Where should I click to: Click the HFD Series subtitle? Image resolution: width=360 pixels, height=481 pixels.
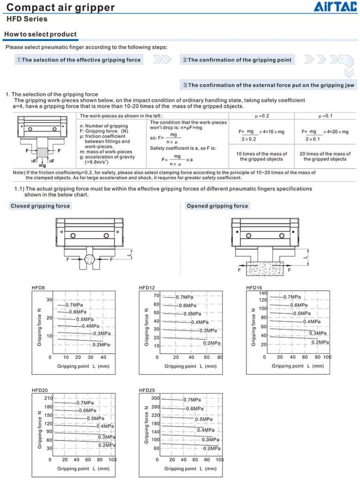coord(27,19)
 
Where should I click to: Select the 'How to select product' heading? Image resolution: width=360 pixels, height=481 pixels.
coord(40,34)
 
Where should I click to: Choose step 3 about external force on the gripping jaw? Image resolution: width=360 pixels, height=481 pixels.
coord(268,85)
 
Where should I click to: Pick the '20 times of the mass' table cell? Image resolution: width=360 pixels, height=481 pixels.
coord(325,156)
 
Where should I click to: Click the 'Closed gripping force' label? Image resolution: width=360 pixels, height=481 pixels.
coord(40,206)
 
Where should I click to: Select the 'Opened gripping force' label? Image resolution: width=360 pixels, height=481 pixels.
coord(217,206)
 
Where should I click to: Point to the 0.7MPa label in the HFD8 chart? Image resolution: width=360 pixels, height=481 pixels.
coord(74,305)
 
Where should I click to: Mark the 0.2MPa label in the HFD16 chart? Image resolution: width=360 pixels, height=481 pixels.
coord(320,342)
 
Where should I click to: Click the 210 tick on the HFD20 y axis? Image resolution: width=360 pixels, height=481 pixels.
coord(48,398)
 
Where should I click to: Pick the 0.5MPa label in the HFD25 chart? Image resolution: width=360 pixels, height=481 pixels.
coord(203,419)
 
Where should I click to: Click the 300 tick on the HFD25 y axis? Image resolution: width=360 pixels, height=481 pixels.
coord(155,398)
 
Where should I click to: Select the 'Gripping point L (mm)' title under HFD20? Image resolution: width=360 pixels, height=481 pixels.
coord(84,468)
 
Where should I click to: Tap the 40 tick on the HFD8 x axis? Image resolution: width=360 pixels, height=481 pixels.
coord(104,357)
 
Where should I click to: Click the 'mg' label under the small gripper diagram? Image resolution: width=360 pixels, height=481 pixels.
coord(42,165)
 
